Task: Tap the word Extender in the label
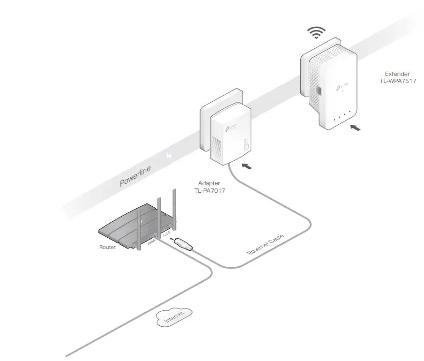397,74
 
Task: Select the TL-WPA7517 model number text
398,81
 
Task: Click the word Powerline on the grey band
135,176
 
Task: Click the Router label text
107,247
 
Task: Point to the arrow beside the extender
356,127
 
